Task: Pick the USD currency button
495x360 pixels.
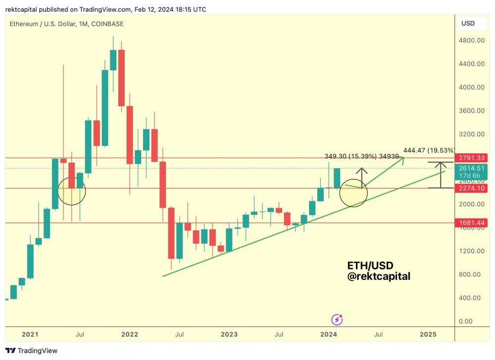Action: pos(468,23)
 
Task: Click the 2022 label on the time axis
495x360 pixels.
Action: pos(130,334)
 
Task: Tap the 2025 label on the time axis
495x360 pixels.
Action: pos(428,334)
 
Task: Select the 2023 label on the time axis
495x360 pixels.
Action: pos(229,334)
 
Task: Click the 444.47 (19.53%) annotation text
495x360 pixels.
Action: pos(429,150)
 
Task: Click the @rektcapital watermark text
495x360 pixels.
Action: pos(379,277)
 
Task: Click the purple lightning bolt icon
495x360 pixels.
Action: pos(337,319)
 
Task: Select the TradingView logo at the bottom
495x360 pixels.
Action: pos(32,351)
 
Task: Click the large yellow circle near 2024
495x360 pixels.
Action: pos(353,193)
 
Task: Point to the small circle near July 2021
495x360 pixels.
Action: pos(72,190)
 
